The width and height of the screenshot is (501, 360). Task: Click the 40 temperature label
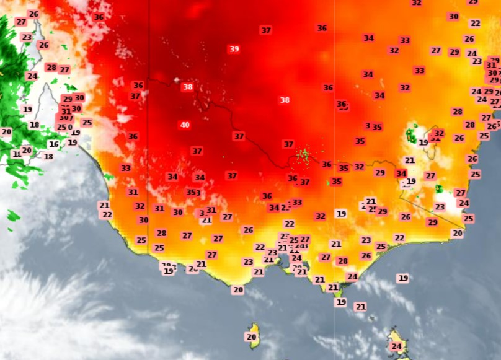pyautogui.click(x=185, y=125)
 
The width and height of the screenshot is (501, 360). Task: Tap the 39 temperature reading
pyautogui.click(x=234, y=49)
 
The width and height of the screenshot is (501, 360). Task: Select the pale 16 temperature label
pyautogui.click(x=54, y=144)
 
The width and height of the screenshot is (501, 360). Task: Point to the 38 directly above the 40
pyautogui.click(x=187, y=87)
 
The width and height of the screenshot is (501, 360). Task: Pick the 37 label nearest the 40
pyautogui.click(x=197, y=151)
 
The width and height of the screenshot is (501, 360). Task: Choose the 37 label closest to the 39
pyautogui.click(x=266, y=30)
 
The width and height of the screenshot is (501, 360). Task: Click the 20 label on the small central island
pyautogui.click(x=251, y=337)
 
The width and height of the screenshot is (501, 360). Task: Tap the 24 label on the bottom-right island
pyautogui.click(x=397, y=346)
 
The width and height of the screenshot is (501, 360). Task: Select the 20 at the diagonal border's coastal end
pyautogui.click(x=458, y=234)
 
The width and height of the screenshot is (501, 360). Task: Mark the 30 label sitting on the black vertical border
pyautogui.click(x=144, y=220)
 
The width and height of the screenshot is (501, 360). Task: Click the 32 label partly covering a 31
pyautogui.click(x=439, y=133)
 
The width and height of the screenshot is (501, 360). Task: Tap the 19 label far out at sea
pyautogui.click(x=403, y=278)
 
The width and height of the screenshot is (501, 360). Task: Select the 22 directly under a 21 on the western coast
pyautogui.click(x=107, y=214)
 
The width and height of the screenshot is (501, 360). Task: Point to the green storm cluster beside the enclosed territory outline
pyautogui.click(x=411, y=133)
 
